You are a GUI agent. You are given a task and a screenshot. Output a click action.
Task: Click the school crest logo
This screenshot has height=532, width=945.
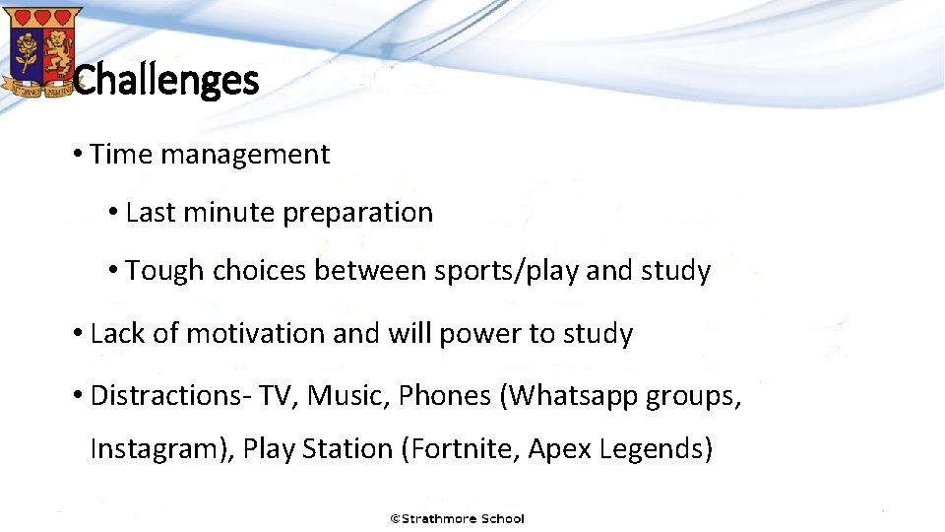tap(40, 51)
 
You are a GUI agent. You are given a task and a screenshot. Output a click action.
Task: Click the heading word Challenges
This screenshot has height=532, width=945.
tap(166, 80)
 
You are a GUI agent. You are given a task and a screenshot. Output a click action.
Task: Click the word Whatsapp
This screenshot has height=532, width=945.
tap(569, 396)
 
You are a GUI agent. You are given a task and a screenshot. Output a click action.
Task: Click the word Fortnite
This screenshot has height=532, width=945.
tap(460, 449)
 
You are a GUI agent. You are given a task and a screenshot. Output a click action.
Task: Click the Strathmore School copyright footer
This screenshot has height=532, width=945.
tap(458, 518)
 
